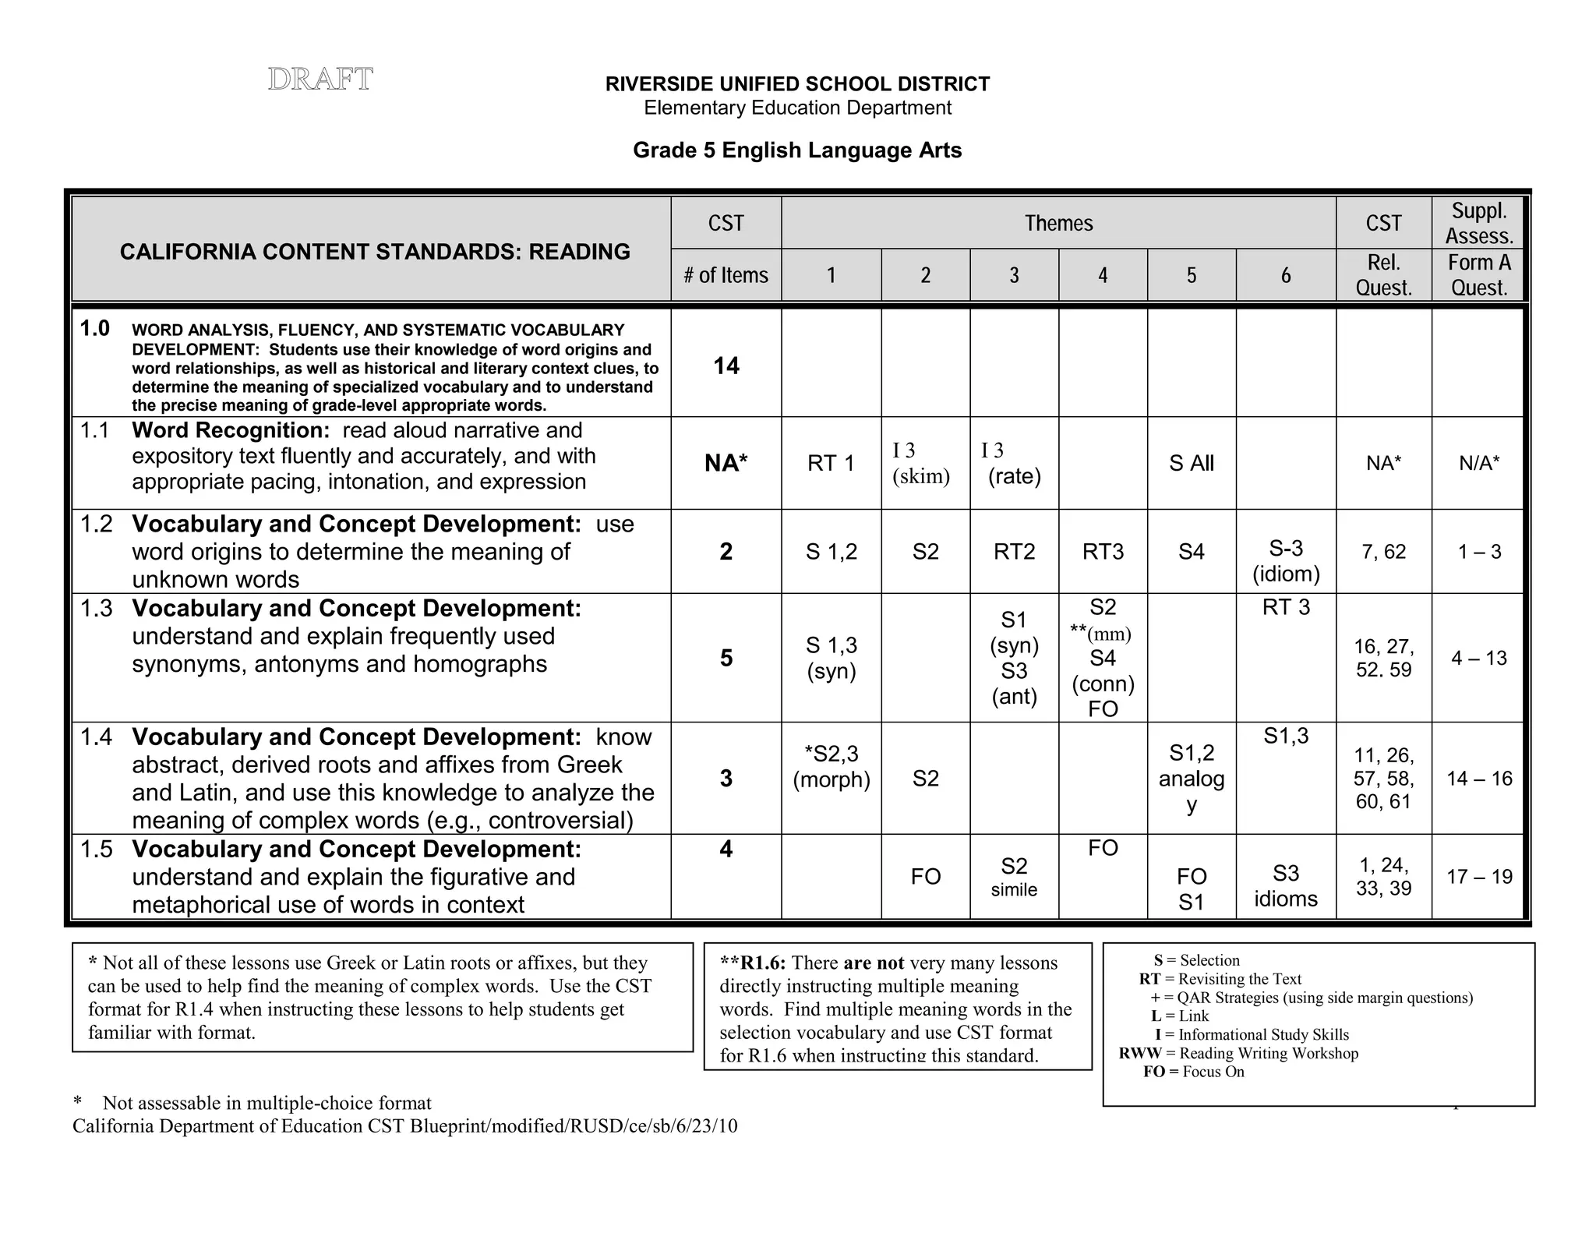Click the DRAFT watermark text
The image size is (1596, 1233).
click(x=320, y=79)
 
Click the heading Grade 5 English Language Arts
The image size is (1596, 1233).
click(x=796, y=150)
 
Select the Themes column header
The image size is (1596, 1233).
click(x=1058, y=224)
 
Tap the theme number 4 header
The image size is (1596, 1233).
click(x=1102, y=275)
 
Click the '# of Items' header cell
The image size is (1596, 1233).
click(x=726, y=275)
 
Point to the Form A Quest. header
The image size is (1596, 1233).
click(x=1478, y=275)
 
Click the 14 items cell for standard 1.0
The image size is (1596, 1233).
click(x=726, y=366)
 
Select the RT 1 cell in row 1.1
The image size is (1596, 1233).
click(x=831, y=463)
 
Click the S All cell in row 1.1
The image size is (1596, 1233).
click(x=1191, y=463)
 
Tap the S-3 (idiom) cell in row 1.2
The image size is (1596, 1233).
click(x=1285, y=560)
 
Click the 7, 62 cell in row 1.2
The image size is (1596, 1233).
click(x=1383, y=552)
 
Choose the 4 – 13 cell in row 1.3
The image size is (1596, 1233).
click(x=1478, y=658)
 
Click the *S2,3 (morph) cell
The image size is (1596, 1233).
click(x=831, y=766)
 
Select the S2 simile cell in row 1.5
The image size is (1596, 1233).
click(x=1013, y=876)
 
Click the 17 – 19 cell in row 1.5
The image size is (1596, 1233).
click(x=1478, y=876)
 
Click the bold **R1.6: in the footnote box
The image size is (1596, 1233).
click(x=752, y=963)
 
